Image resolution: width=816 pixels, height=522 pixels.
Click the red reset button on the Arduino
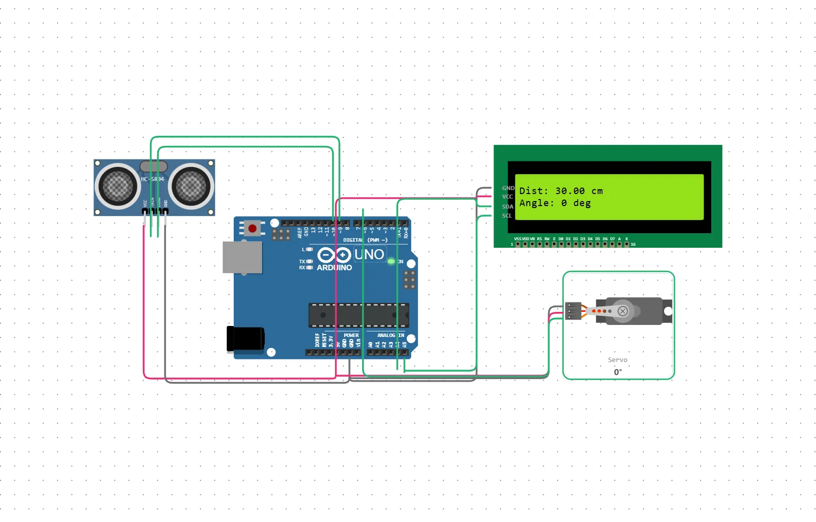(x=252, y=229)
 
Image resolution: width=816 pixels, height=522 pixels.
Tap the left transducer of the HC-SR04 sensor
(x=117, y=186)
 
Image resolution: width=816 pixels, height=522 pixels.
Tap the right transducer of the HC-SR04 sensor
(x=191, y=186)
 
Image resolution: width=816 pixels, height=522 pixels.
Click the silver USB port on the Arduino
(x=242, y=257)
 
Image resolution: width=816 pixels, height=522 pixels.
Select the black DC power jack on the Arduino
(x=245, y=338)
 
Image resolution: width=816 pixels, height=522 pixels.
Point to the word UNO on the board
(x=369, y=255)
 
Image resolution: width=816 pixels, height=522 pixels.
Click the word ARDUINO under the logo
(x=334, y=268)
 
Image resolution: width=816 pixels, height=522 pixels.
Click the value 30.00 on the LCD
(x=570, y=191)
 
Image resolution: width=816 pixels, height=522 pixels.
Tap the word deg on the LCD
(x=582, y=203)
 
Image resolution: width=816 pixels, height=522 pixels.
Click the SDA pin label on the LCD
(x=508, y=207)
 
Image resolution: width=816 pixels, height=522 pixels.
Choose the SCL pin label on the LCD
(x=507, y=216)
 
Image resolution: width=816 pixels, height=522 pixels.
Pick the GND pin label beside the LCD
(x=508, y=188)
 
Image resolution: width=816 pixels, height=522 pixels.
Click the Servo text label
(x=617, y=360)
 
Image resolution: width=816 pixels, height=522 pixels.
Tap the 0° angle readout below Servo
(x=617, y=372)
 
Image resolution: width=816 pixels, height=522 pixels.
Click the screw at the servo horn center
(x=622, y=311)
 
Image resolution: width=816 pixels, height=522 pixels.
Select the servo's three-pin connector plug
(x=573, y=311)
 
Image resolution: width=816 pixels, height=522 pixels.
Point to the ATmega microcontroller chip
(x=359, y=315)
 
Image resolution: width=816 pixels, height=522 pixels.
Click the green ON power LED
(x=391, y=261)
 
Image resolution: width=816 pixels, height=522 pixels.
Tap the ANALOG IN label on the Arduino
(x=390, y=335)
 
